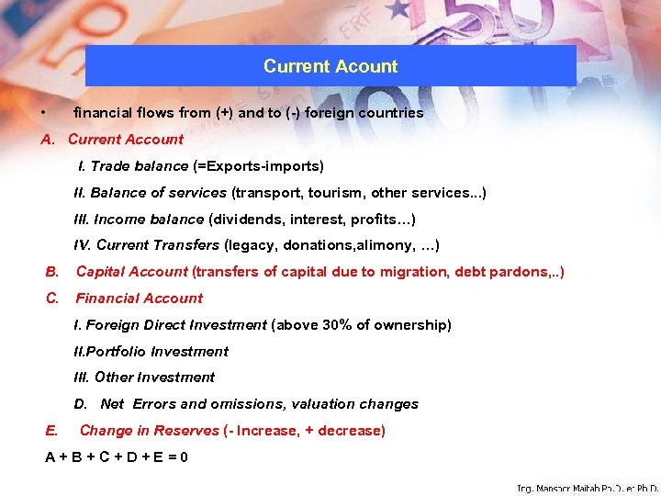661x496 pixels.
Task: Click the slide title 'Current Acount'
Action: pyautogui.click(x=330, y=66)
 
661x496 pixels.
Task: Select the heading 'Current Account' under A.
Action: pyautogui.click(x=126, y=140)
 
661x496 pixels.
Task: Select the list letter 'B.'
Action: pyautogui.click(x=52, y=272)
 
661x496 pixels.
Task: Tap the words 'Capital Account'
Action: pyautogui.click(x=131, y=272)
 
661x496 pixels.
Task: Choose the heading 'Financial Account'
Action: pyautogui.click(x=139, y=298)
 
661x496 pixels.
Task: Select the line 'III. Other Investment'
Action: pyautogui.click(x=144, y=377)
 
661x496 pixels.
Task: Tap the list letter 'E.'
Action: pyautogui.click(x=51, y=431)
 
